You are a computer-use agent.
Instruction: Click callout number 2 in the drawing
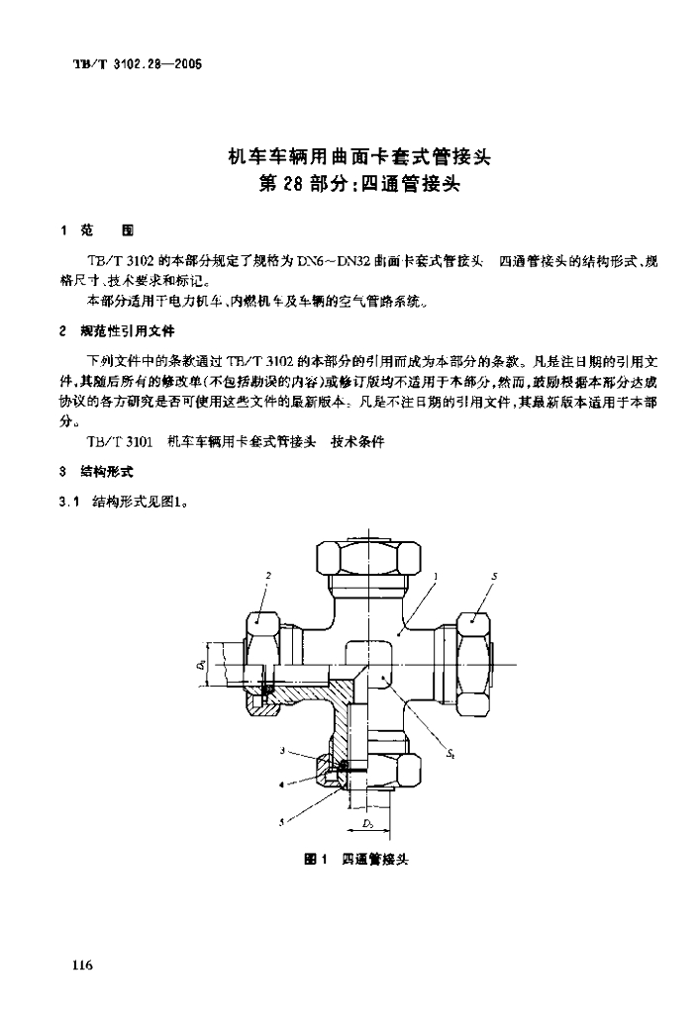268,575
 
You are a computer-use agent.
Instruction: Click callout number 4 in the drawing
282,783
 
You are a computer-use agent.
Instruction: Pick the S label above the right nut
494,575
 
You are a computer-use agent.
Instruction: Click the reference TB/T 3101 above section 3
116,442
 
